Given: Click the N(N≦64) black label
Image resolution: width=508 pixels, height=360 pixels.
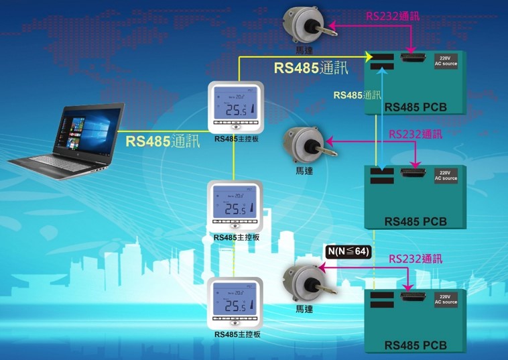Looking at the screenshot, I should pyautogui.click(x=348, y=252).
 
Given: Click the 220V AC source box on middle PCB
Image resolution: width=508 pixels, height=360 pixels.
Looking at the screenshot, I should pyautogui.click(x=446, y=176).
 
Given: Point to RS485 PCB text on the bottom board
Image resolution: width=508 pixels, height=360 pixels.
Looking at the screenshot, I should pyautogui.click(x=416, y=346).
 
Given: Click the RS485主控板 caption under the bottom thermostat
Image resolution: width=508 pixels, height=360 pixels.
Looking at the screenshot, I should pyautogui.click(x=237, y=335).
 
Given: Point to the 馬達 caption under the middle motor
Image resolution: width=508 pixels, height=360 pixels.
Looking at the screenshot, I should pyautogui.click(x=304, y=171).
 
